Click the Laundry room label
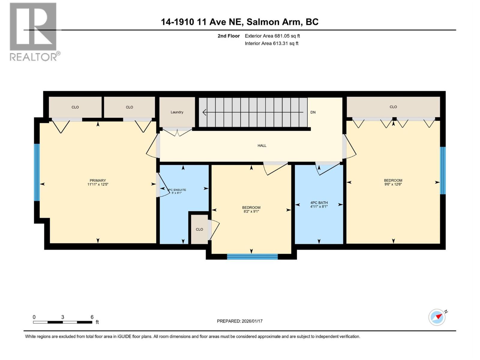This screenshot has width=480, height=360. tap(177, 112)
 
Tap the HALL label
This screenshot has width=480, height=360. tap(262, 145)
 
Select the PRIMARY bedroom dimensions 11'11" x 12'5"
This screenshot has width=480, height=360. tap(98, 184)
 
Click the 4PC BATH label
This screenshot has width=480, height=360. tap(319, 203)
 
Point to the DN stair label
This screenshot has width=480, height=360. tap(313, 112)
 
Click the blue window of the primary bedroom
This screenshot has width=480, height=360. tap(37, 172)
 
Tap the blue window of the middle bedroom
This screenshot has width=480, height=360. tap(252, 256)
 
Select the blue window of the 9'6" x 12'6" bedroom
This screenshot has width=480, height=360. tap(442, 170)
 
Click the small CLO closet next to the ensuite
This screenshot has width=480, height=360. tap(199, 229)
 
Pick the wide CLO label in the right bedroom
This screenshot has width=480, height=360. tap(393, 107)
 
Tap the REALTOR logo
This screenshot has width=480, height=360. tap(34, 31)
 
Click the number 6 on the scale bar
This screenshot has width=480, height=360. tap(92, 317)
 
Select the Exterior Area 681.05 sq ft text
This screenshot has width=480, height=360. tap(272, 36)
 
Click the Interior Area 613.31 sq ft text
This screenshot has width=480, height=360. tap(271, 43)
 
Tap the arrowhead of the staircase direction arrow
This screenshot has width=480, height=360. tap(205, 112)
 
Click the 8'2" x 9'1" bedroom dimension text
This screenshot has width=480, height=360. tap(251, 211)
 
